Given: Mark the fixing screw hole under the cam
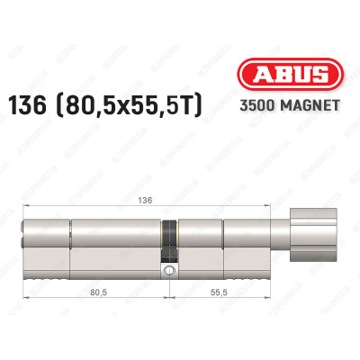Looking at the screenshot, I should (167, 268).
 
